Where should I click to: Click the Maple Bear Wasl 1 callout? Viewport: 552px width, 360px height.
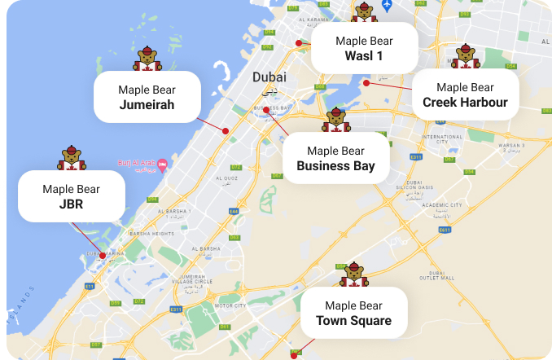[x=364, y=48]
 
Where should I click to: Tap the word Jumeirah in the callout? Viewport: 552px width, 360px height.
[x=147, y=104]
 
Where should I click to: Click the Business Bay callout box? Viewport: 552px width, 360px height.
[x=335, y=158]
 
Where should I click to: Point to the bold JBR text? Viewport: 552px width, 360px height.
[x=71, y=204]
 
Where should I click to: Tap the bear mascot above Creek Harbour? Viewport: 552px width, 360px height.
[x=465, y=56]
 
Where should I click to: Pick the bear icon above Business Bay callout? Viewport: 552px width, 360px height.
[x=335, y=120]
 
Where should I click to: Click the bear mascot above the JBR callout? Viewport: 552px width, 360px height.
[x=72, y=158]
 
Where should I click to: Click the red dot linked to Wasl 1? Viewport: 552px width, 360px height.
[x=299, y=42]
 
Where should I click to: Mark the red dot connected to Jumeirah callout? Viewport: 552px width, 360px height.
[x=226, y=130]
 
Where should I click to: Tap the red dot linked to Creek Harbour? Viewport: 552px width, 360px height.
[x=366, y=82]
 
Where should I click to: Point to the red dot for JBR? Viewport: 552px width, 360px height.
[x=103, y=256]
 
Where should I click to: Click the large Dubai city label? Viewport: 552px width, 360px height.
[x=269, y=77]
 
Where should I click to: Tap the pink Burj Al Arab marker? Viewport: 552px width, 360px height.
[x=162, y=165]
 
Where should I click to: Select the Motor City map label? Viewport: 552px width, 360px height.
[x=230, y=305]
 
